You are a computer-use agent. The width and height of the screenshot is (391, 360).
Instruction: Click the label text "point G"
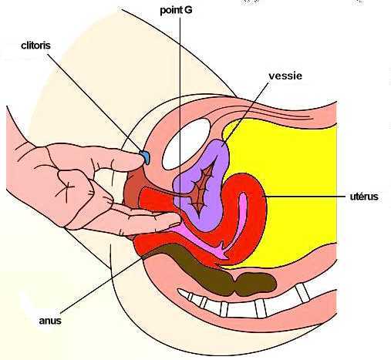click(x=176, y=11)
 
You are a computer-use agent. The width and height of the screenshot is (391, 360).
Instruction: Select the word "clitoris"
click(x=35, y=45)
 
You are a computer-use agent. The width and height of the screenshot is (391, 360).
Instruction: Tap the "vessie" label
click(x=285, y=76)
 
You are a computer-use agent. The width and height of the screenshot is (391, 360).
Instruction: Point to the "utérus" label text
click(x=364, y=197)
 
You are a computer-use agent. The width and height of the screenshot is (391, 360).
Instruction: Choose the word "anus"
click(x=50, y=321)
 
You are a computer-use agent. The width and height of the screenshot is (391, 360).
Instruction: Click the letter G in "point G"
click(x=188, y=11)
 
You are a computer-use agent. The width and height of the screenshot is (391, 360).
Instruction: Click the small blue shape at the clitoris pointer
click(x=145, y=156)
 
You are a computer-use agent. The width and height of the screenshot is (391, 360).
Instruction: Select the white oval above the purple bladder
click(x=187, y=144)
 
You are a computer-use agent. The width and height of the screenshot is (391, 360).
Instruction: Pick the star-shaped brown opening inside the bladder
click(x=203, y=189)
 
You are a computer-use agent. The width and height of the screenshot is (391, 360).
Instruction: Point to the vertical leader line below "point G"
click(x=180, y=114)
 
